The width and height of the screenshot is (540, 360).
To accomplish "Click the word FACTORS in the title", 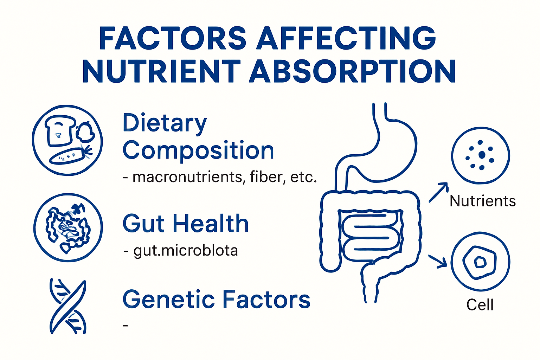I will tap(173, 38).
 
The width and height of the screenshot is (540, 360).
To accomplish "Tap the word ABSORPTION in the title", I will tap(353, 71).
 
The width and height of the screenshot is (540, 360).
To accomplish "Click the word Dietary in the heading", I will tap(165, 124).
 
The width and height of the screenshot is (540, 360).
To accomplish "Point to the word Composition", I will tap(198, 150).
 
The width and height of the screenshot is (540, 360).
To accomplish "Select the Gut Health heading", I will tap(186, 224).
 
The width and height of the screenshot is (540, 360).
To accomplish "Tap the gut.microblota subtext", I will tap(186, 251).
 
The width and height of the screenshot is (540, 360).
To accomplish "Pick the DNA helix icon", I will tap(68, 307).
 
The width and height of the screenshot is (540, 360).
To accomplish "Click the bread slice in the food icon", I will tap(60, 130).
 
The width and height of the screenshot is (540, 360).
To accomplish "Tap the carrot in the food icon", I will tap(69, 155).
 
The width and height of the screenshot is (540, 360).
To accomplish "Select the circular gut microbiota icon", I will tap(68, 227).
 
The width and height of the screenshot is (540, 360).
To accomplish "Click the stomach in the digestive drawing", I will tap(390, 148).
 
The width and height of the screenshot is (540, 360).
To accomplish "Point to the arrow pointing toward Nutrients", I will tap(438, 192).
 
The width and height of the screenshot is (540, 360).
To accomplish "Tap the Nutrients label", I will tap(482, 201).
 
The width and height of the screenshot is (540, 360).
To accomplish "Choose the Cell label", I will tap(480, 305).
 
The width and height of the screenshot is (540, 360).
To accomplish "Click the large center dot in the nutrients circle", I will tap(482, 155).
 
